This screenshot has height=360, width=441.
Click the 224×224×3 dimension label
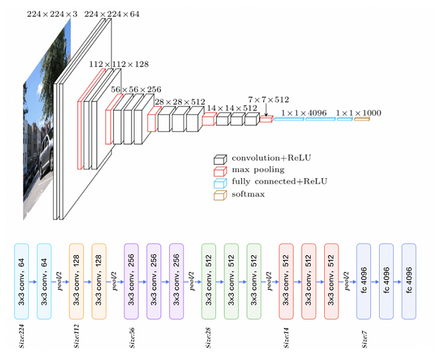coord(52,14)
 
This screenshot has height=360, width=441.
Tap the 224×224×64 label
coord(112,14)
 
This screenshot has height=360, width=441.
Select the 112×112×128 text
coord(119,64)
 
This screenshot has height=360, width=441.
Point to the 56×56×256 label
coord(136,90)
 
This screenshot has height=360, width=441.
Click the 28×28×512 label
coord(180,102)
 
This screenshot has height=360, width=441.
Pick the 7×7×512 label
coord(269,100)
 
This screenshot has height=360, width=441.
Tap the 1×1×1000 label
coord(359,113)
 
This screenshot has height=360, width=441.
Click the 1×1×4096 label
coord(304,113)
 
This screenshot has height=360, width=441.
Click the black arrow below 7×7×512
coord(266,110)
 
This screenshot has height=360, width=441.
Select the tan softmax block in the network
coord(361,119)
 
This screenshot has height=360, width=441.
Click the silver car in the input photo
coord(46,157)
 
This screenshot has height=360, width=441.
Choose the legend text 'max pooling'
coord(258,170)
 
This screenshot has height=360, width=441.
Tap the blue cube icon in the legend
coord(220,183)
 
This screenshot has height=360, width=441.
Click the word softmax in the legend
coord(248,194)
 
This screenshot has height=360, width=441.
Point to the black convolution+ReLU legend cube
coord(220,159)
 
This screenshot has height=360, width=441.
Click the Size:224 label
coord(21,336)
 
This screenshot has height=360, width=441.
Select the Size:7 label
coord(364,339)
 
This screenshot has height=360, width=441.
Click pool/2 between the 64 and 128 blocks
coord(59,281)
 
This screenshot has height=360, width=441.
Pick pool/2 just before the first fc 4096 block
coord(346,281)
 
